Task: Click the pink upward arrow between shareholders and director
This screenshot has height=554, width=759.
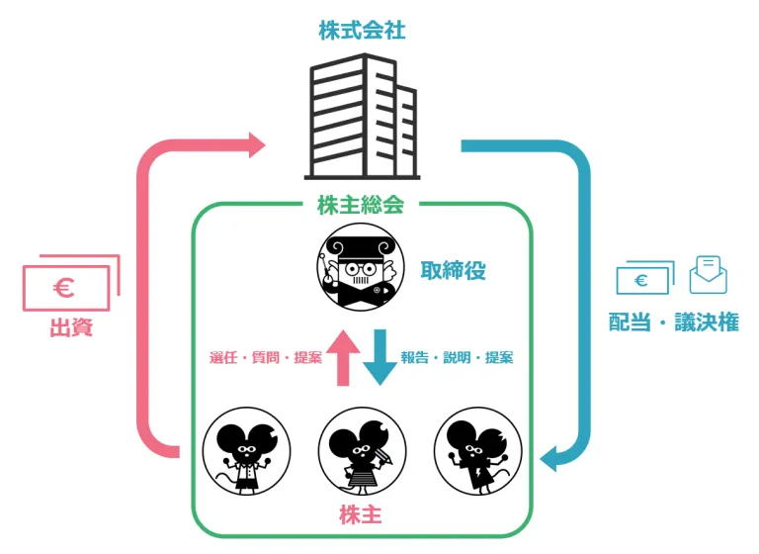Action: pos(345,357)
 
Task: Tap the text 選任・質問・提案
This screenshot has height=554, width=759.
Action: pos(266,357)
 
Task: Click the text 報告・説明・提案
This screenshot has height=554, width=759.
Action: pos(457,357)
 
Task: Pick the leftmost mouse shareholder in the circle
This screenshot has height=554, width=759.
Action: pos(246,450)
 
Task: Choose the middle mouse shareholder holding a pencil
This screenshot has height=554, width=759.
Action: pos(362,450)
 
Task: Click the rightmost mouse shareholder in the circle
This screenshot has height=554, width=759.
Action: pos(477,450)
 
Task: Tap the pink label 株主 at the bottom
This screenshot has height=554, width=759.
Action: pos(361,515)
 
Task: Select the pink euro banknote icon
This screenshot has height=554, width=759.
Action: pos(69,285)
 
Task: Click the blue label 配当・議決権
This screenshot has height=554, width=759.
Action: pos(673,323)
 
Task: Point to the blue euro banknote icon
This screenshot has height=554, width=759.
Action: pos(643,279)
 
